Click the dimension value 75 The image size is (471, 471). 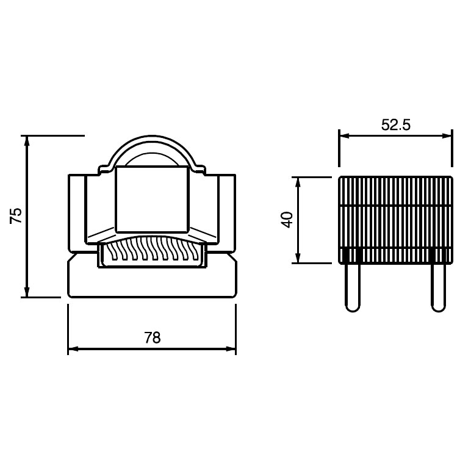pos(16,215)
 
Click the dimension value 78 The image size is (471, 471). pos(153,337)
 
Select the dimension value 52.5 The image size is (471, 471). pos(395,124)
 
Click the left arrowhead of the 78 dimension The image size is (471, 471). pos(73,349)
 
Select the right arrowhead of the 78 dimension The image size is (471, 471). pos(231,349)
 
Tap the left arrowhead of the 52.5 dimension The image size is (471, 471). pos(344,136)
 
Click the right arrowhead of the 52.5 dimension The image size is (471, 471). pos(447,136)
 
